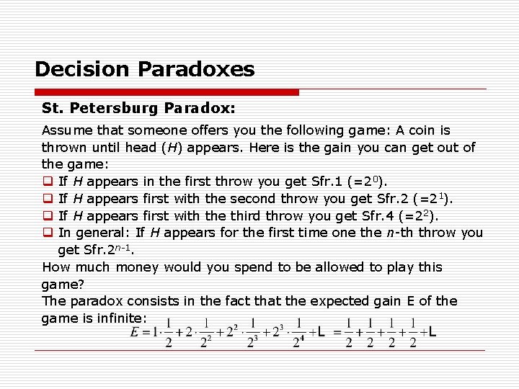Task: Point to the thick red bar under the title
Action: [167, 92]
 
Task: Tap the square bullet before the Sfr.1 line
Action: [47, 182]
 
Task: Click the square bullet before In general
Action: [47, 233]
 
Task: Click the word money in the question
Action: [136, 267]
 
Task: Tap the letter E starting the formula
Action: [135, 332]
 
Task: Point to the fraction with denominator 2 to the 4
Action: [297, 333]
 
